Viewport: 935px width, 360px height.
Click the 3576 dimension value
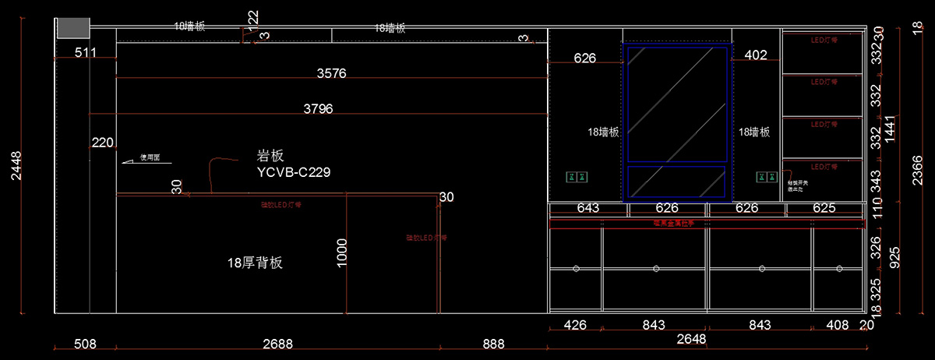[x=331, y=74]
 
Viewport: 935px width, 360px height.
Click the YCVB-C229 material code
[x=293, y=172]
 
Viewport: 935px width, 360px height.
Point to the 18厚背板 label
[x=255, y=263]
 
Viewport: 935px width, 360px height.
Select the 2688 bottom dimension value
[x=277, y=344]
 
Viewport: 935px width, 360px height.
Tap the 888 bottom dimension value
[x=493, y=344]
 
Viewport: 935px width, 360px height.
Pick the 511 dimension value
[x=86, y=53]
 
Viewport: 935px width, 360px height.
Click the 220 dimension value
[x=103, y=143]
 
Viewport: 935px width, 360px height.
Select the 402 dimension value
[x=756, y=55]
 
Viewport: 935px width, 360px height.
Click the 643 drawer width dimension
[x=588, y=209]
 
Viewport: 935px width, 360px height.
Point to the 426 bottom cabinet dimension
[x=575, y=326]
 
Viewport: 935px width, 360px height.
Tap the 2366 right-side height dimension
[x=918, y=165]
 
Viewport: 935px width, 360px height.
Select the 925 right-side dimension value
[x=894, y=257]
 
